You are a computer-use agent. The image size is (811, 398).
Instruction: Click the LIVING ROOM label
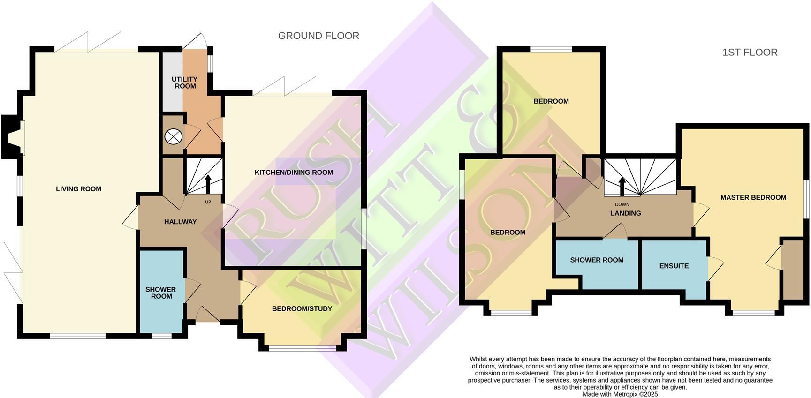78,189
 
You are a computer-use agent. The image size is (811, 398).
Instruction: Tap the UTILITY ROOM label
184,83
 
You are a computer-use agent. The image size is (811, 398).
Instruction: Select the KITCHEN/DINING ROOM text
294,173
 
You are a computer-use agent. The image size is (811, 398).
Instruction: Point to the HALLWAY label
180,222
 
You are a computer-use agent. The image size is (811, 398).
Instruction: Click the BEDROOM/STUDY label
302,308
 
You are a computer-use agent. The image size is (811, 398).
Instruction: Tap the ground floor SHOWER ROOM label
161,293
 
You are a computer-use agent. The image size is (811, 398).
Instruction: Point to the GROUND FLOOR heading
318,36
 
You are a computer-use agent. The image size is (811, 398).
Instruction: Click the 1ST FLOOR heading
750,53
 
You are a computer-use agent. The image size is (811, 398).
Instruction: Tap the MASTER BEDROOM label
753,197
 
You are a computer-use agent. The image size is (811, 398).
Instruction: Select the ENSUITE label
674,266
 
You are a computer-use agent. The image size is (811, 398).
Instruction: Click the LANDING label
625,213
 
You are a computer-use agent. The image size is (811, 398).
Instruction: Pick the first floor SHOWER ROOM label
597,260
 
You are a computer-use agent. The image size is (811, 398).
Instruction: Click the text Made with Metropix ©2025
620,394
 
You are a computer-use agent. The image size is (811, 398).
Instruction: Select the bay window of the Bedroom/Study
303,348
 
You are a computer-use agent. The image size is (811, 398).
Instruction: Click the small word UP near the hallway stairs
208,202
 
